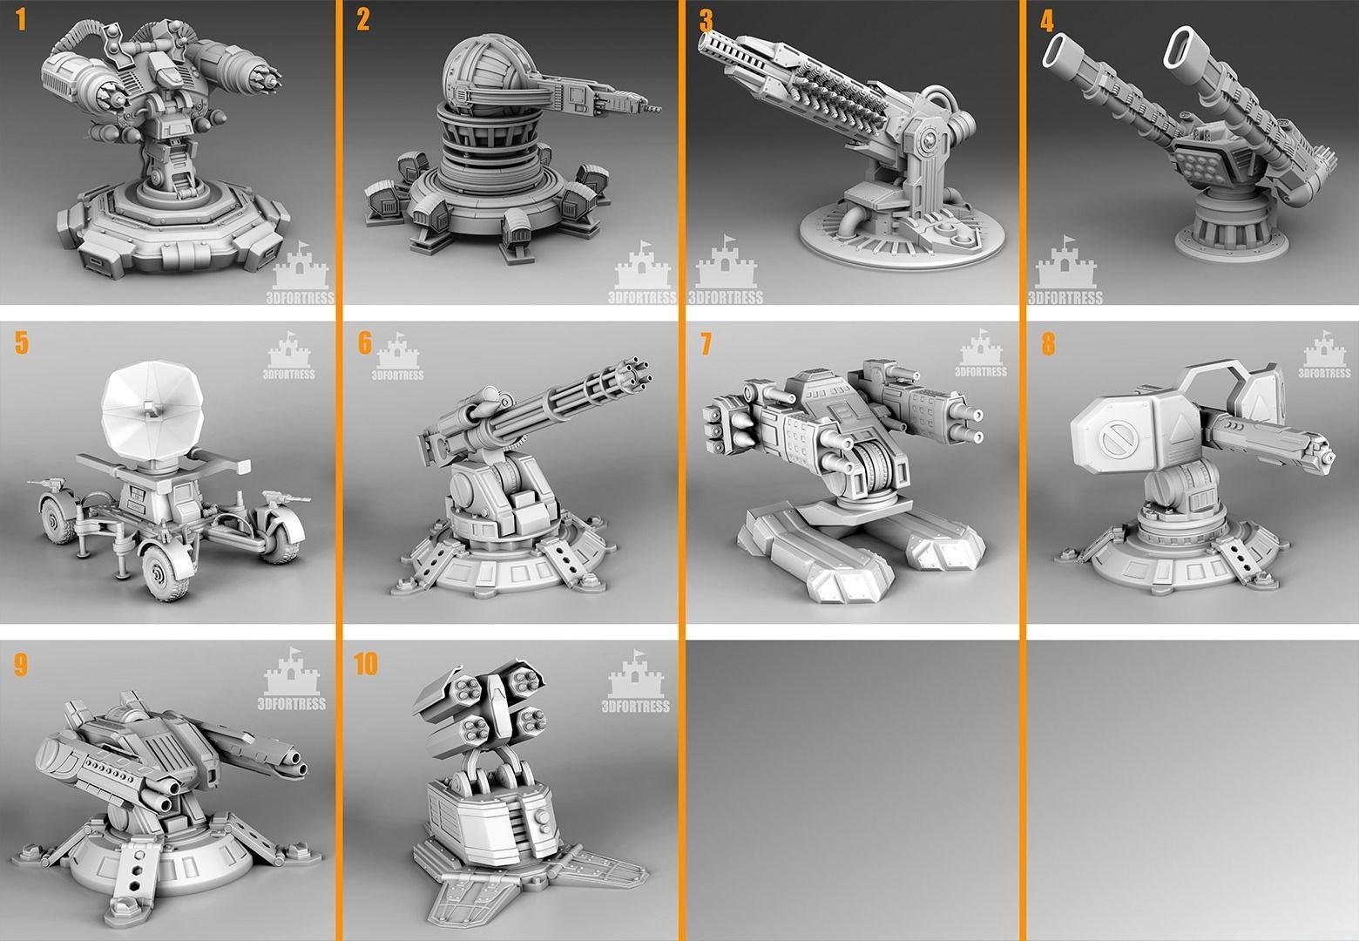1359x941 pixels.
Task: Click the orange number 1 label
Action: point(22,21)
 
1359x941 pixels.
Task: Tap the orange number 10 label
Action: point(366,664)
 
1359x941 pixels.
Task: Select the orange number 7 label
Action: point(706,344)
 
